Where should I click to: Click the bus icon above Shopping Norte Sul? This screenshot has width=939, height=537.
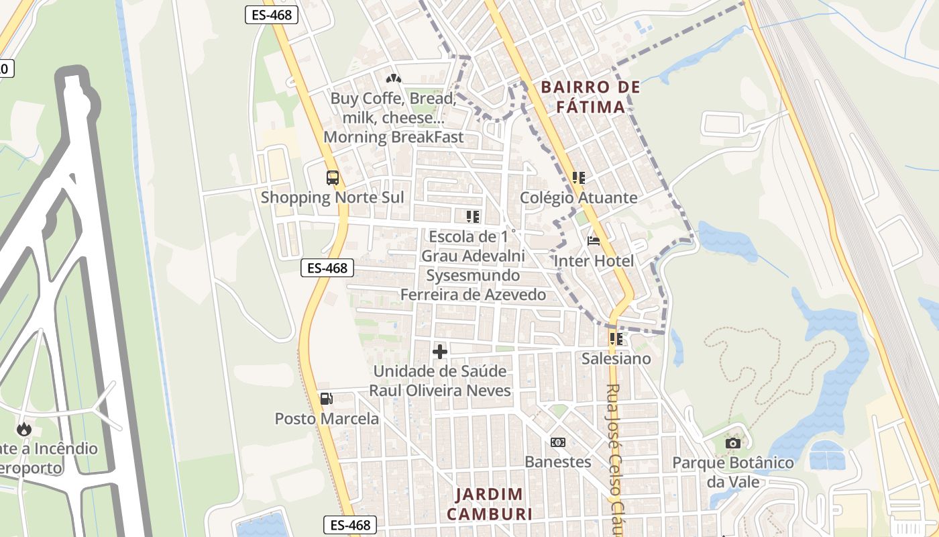332,178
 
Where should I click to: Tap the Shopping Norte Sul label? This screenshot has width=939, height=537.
332,197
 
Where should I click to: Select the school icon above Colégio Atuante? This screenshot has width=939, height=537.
579,178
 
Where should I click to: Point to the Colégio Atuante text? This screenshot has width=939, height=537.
579,197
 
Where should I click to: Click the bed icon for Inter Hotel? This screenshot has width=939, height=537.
594,241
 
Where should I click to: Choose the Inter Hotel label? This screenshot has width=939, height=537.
594,260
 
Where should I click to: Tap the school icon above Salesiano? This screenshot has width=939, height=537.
616,339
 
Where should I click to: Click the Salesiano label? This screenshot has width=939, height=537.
616,358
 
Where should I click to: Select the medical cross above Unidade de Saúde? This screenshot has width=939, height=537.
440,351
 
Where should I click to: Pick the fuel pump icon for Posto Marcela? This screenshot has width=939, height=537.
326,399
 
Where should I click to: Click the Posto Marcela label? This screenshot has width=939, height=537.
327,419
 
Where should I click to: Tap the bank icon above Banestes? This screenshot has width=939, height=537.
557,442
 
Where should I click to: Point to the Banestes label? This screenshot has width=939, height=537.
557,462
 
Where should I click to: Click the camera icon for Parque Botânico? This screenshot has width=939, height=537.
733,443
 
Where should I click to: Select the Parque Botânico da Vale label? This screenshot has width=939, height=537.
733,472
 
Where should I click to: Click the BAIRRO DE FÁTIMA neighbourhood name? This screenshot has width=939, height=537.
590,97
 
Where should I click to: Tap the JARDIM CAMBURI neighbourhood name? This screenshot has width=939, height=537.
489,504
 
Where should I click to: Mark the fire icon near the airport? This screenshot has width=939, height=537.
25,429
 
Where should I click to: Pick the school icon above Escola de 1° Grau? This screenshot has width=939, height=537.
473,217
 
